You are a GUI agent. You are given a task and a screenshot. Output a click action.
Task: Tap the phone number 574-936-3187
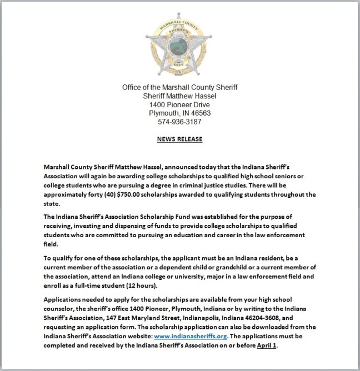tap(179, 122)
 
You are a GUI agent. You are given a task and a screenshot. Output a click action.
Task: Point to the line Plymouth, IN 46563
tap(179, 113)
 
